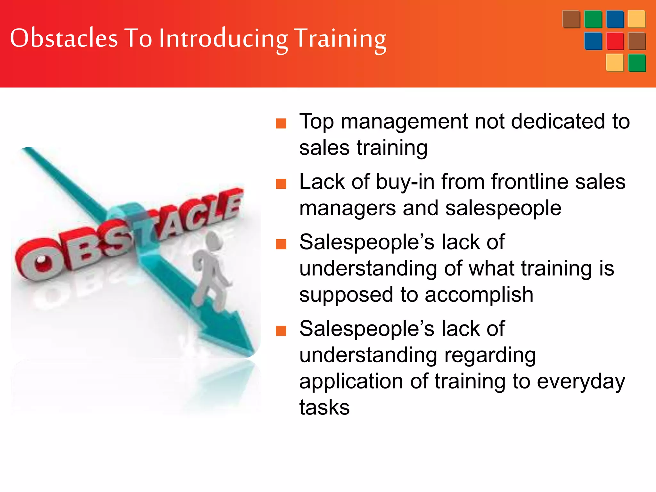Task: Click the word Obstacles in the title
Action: pos(64,38)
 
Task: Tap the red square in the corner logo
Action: pos(615,41)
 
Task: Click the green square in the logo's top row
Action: pos(593,20)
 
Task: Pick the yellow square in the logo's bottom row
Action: pos(614,63)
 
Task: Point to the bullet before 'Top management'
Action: pos(281,123)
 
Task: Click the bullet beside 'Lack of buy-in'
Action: pos(281,184)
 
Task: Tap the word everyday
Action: pos(581,382)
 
